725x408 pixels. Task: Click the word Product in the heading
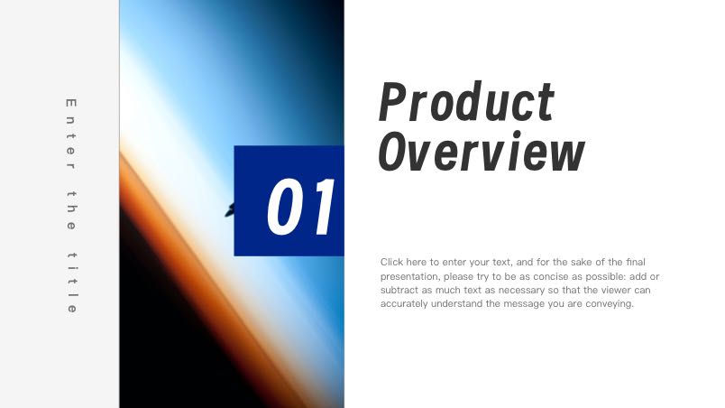[466, 102]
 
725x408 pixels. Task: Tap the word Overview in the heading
[481, 152]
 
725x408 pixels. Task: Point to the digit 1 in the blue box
[321, 207]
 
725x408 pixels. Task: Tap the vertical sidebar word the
[71, 208]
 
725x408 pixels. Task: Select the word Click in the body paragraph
[392, 262]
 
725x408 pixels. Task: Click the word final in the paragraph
[635, 262]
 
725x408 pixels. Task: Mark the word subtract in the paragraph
[399, 291]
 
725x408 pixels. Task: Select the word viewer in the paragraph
[610, 291]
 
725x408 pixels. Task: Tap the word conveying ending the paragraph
[610, 305]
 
